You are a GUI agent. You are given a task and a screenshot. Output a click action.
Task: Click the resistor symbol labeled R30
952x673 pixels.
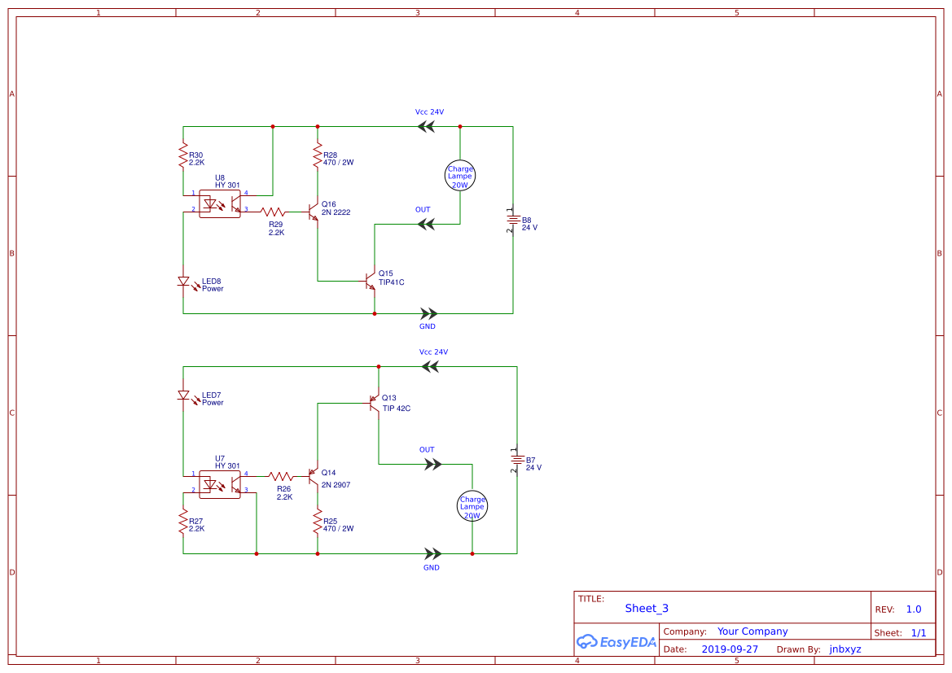[183, 157]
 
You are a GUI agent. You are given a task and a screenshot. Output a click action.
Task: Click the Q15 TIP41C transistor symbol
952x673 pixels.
[371, 282]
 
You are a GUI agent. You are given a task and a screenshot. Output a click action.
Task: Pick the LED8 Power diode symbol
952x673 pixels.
[183, 282]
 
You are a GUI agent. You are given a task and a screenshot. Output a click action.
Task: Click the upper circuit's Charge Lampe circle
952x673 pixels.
[460, 176]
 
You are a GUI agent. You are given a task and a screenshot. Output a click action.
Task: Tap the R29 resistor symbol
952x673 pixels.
[273, 212]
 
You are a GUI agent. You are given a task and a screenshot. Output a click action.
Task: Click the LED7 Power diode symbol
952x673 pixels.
[183, 395]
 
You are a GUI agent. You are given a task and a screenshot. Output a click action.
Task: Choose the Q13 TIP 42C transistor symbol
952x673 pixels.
[375, 403]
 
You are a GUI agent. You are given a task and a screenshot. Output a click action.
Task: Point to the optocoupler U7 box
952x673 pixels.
[220, 484]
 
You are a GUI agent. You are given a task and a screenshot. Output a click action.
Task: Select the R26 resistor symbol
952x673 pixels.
[282, 476]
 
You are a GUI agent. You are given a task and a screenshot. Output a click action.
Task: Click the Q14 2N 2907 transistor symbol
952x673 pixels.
[314, 477]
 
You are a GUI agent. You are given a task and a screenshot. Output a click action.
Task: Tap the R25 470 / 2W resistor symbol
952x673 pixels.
[318, 522]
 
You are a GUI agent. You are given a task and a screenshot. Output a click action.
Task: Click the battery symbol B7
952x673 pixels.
[515, 461]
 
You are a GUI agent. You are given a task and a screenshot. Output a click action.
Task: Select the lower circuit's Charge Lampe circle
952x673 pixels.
[472, 505]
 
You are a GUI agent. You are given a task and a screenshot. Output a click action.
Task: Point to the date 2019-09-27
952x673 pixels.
[730, 649]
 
